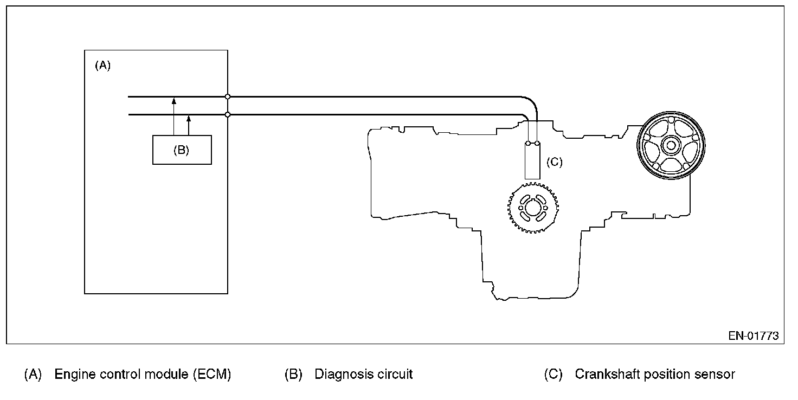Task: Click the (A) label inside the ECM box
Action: tap(102, 66)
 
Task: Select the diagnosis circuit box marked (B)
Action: tap(182, 150)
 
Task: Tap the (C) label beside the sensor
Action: tap(554, 162)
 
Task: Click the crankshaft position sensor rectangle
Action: tap(532, 162)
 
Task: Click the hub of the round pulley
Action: tap(671, 145)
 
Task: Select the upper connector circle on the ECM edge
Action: tap(228, 96)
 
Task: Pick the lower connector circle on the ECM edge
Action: tap(228, 114)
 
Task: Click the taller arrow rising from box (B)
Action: tap(173, 117)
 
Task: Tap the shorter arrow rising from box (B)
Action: tap(189, 125)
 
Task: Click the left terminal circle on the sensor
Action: tap(528, 144)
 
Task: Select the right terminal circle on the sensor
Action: tap(537, 144)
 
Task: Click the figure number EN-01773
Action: tap(753, 336)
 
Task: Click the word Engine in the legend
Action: tap(73, 375)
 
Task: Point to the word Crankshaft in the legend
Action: tap(604, 375)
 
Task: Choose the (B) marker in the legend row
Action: tap(293, 375)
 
